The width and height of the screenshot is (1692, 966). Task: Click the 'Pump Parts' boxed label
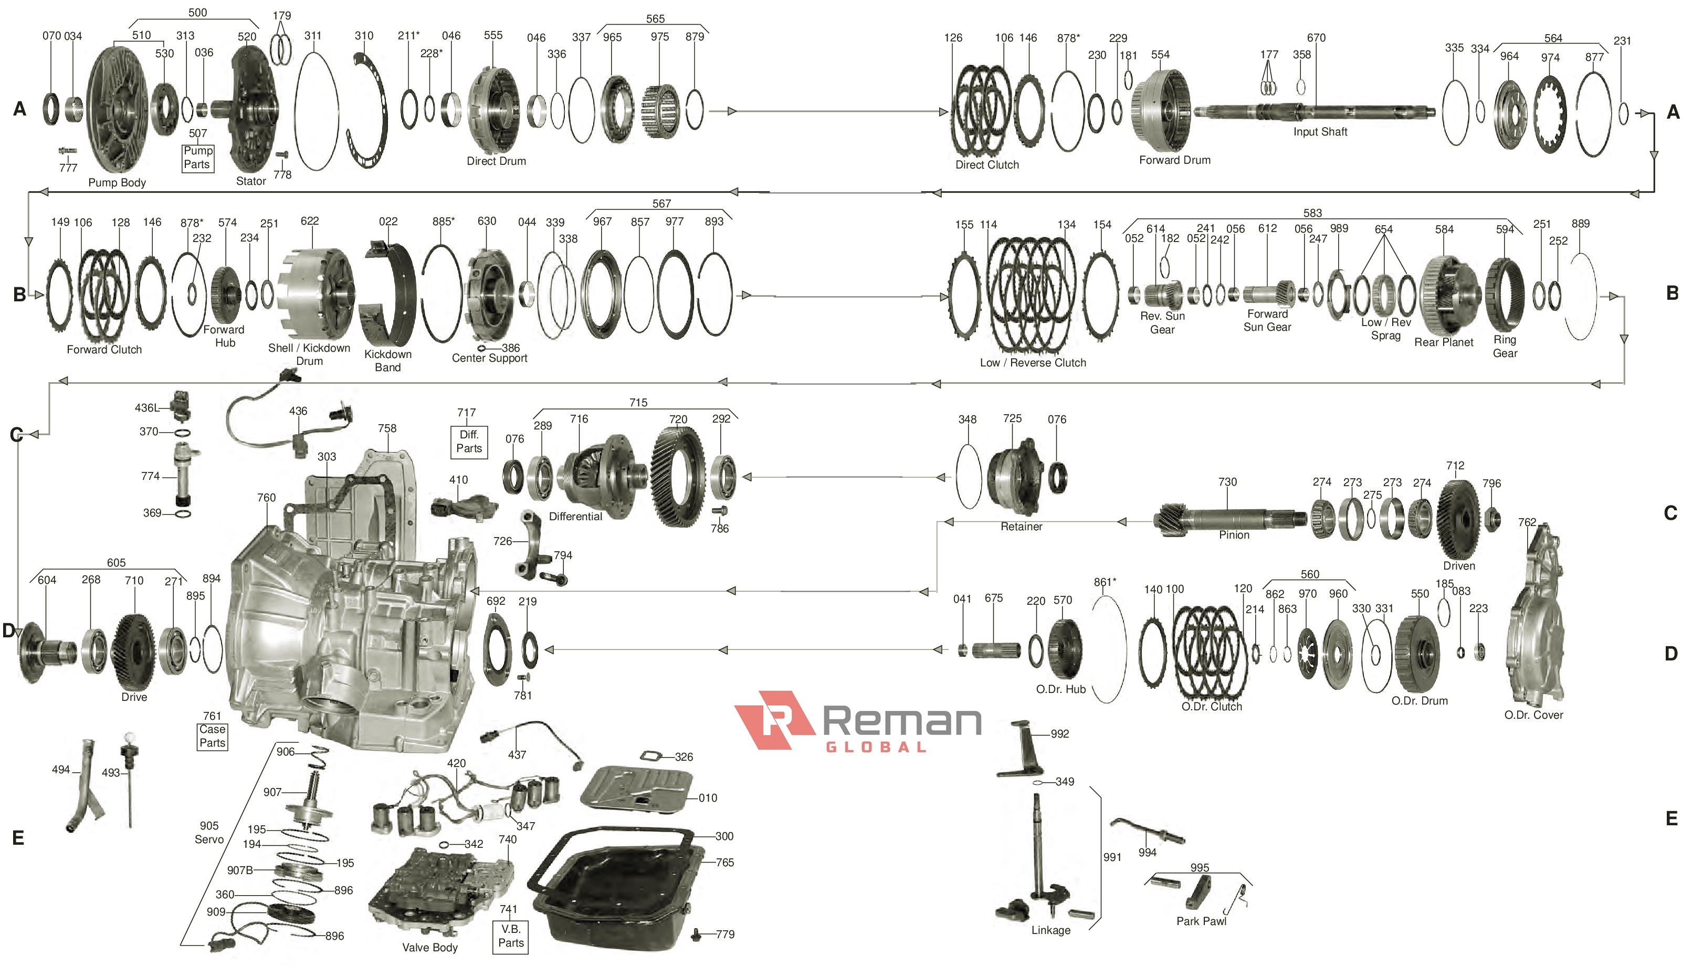[x=198, y=158]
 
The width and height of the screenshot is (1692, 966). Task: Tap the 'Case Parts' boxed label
[x=212, y=736]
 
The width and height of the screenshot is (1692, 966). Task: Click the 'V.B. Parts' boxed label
[x=510, y=936]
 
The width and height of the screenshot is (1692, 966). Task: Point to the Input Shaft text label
[x=1319, y=132]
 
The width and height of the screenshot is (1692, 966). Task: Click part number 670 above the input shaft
[x=1316, y=38]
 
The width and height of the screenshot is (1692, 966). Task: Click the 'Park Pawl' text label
[x=1201, y=921]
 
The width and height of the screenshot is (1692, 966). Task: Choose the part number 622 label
[x=309, y=221]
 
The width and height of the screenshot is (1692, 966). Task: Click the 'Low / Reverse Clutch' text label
[x=1032, y=363]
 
